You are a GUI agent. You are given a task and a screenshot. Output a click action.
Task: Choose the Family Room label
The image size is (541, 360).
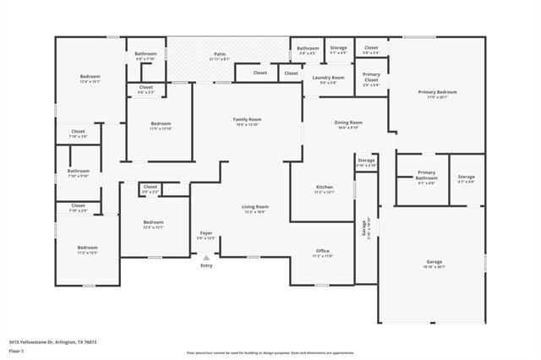click(x=247, y=120)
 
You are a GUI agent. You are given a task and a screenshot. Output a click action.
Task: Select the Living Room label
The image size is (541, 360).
click(x=255, y=207)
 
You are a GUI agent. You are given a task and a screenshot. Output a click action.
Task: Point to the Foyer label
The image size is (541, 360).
click(x=206, y=233)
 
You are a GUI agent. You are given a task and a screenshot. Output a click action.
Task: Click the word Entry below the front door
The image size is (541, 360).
click(x=206, y=266)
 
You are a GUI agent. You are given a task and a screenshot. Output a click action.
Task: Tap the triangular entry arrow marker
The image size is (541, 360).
click(x=206, y=257)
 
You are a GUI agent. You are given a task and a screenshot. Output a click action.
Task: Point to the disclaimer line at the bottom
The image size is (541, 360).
click(x=270, y=352)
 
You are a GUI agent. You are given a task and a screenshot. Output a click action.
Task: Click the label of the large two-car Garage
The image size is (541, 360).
click(x=434, y=262)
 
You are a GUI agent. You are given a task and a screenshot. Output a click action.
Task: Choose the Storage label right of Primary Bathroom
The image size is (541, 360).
click(x=466, y=177)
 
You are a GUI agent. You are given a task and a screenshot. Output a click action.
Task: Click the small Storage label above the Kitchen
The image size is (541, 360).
click(x=366, y=160)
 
